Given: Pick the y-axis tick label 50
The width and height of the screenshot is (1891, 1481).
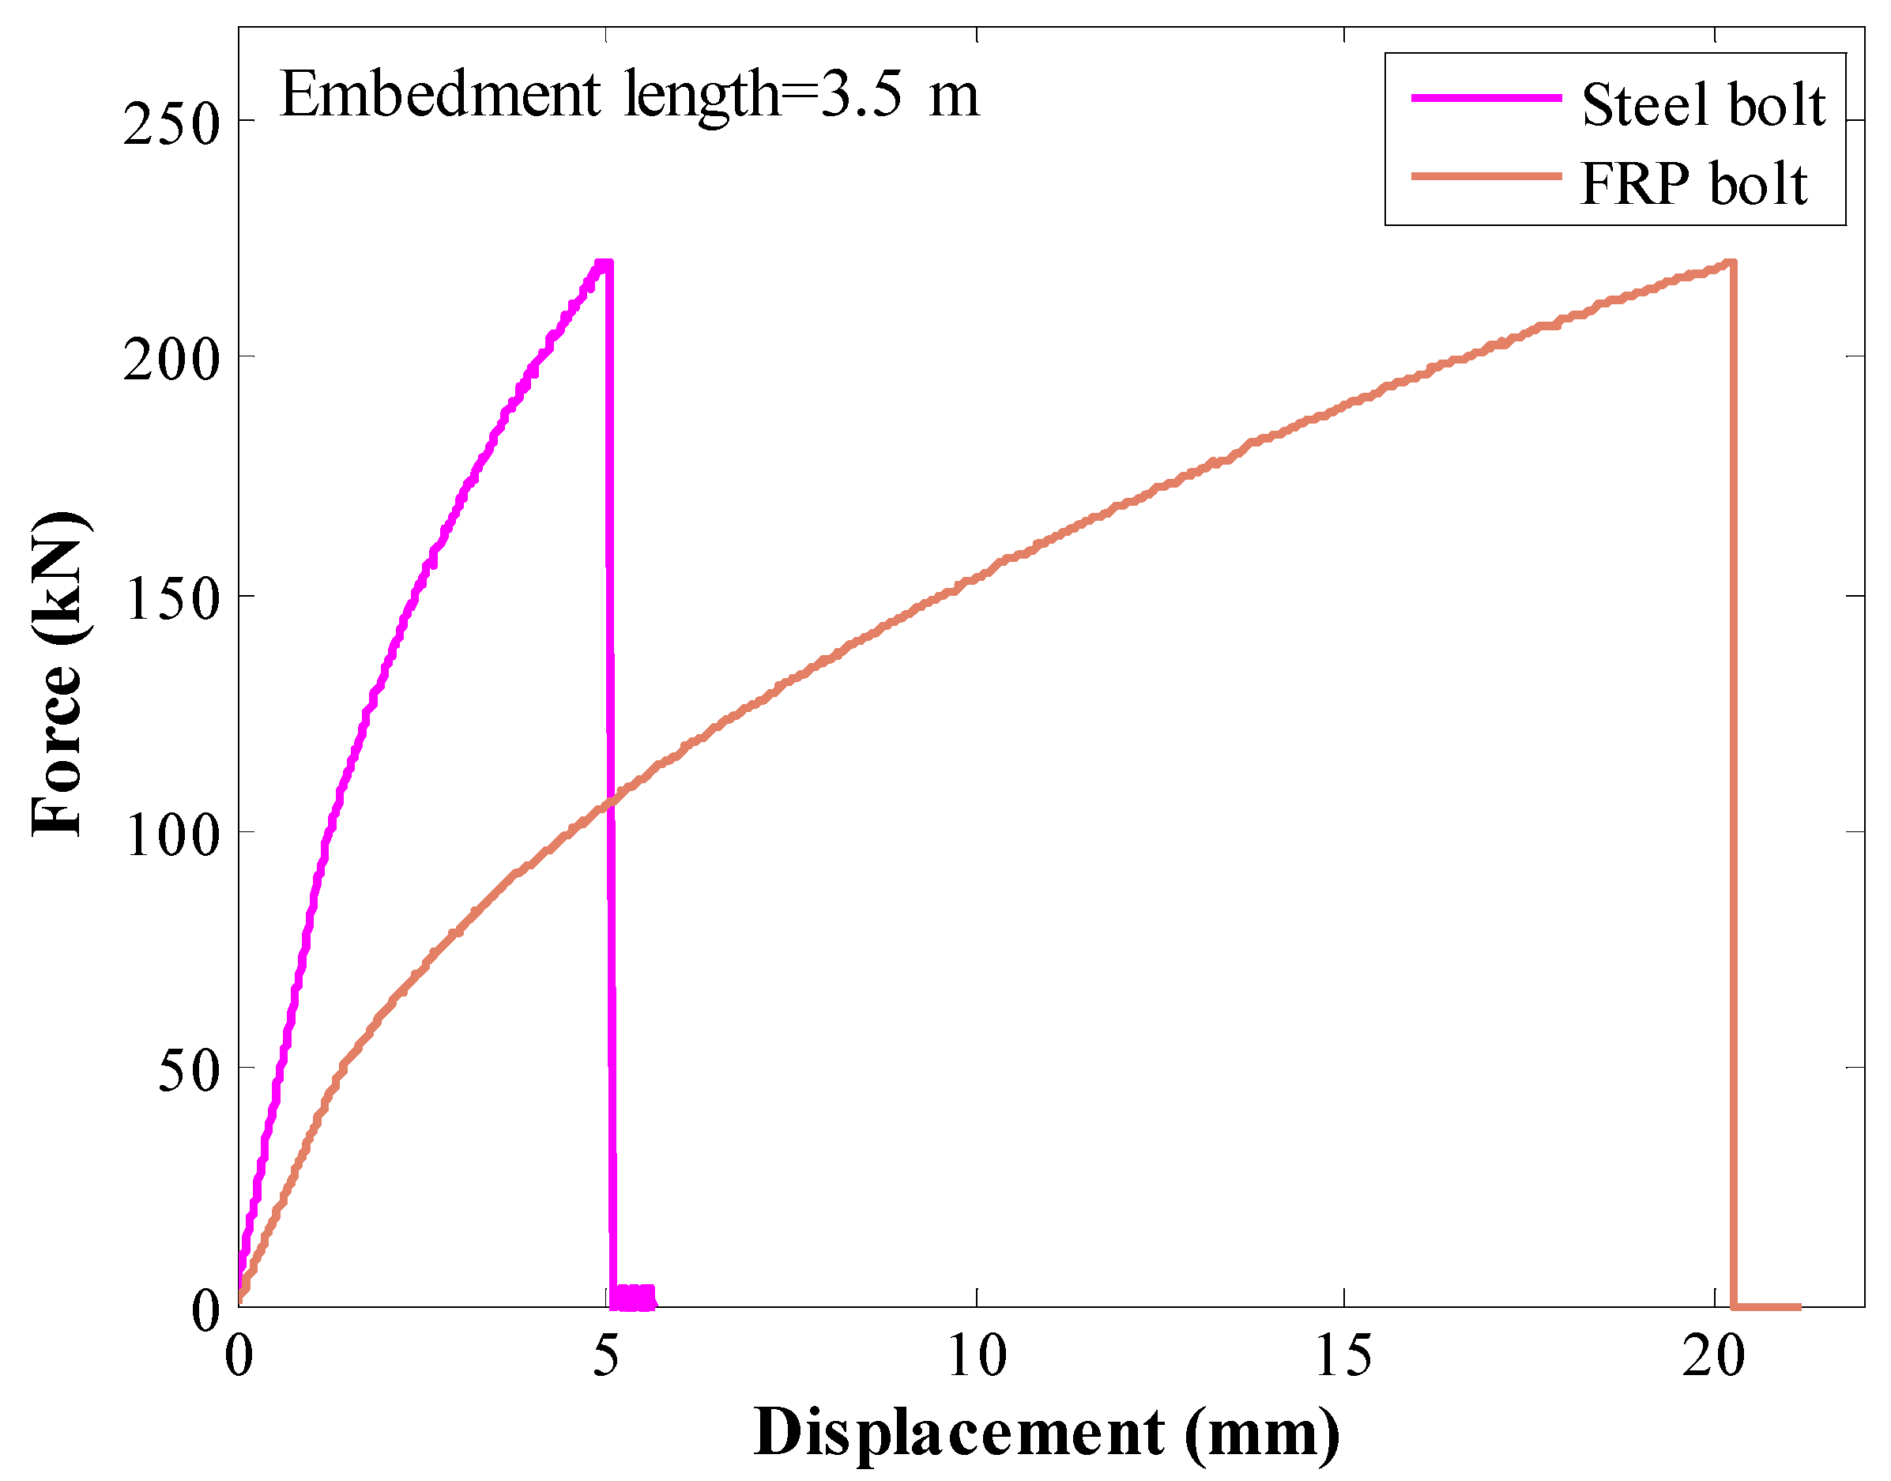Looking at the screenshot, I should pos(186,1072).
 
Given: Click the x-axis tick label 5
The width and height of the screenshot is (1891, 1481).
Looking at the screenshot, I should pos(606,1357).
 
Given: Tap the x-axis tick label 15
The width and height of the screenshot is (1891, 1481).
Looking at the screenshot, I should pos(1343,1357).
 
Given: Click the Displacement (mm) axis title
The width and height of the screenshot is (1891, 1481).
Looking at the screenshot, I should pos(1046,1434).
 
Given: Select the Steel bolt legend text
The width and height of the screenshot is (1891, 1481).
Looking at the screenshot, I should pos(1703,105).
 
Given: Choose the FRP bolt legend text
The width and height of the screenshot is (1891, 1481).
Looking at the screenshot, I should pos(1693,184).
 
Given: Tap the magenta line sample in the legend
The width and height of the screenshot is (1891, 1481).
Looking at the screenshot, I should pos(1486,98).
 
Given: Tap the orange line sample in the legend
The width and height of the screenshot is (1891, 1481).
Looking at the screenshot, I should pos(1486,177).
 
